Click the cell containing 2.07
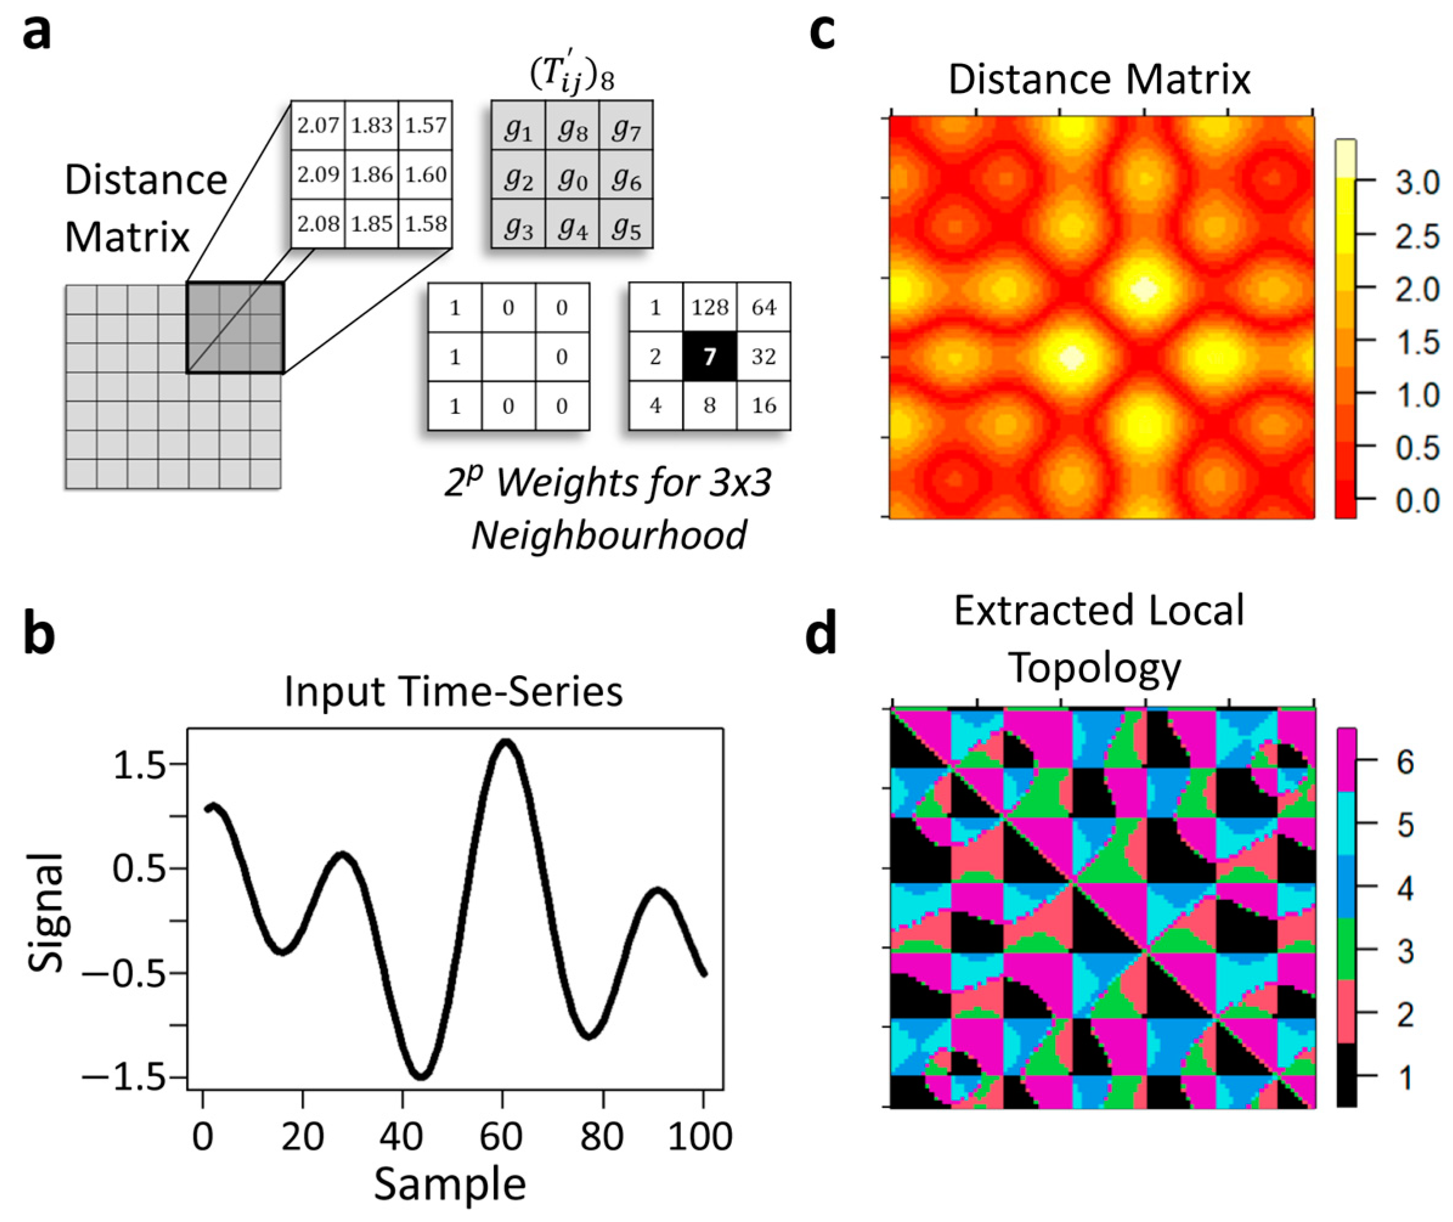point(318,125)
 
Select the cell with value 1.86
point(372,174)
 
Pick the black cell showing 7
point(709,356)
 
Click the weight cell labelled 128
point(709,307)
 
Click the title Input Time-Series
point(454,692)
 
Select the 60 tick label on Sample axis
point(501,1138)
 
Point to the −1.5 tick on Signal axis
point(125,1078)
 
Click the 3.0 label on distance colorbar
point(1417,184)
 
